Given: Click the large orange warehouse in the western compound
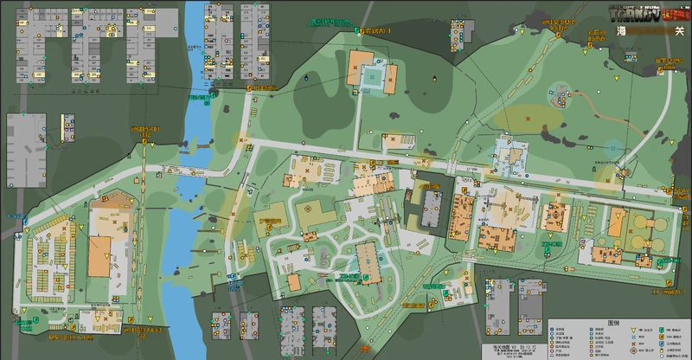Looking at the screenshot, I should tap(100, 256).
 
